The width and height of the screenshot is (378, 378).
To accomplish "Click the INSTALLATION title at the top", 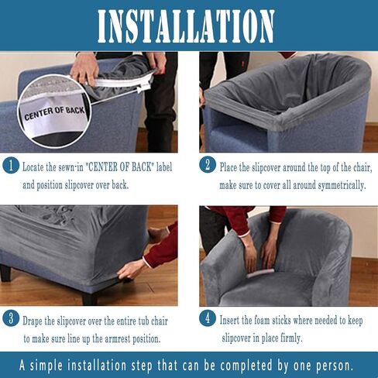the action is [x=186, y=26].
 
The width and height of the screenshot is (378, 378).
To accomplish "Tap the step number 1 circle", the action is [x=11, y=165].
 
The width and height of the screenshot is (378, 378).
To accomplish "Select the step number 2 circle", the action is [x=208, y=164].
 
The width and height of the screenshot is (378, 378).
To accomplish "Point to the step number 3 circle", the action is [x=11, y=318].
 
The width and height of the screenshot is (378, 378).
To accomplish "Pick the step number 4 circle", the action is [x=208, y=318].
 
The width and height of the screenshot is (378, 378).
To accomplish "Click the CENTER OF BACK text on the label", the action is [x=54, y=114].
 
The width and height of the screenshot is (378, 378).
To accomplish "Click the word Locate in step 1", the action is [x=33, y=167].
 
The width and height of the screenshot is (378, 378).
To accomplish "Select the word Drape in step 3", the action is [x=33, y=321].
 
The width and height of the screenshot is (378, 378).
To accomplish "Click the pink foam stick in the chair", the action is [x=260, y=273].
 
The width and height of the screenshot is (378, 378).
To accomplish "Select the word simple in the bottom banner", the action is [x=46, y=365].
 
